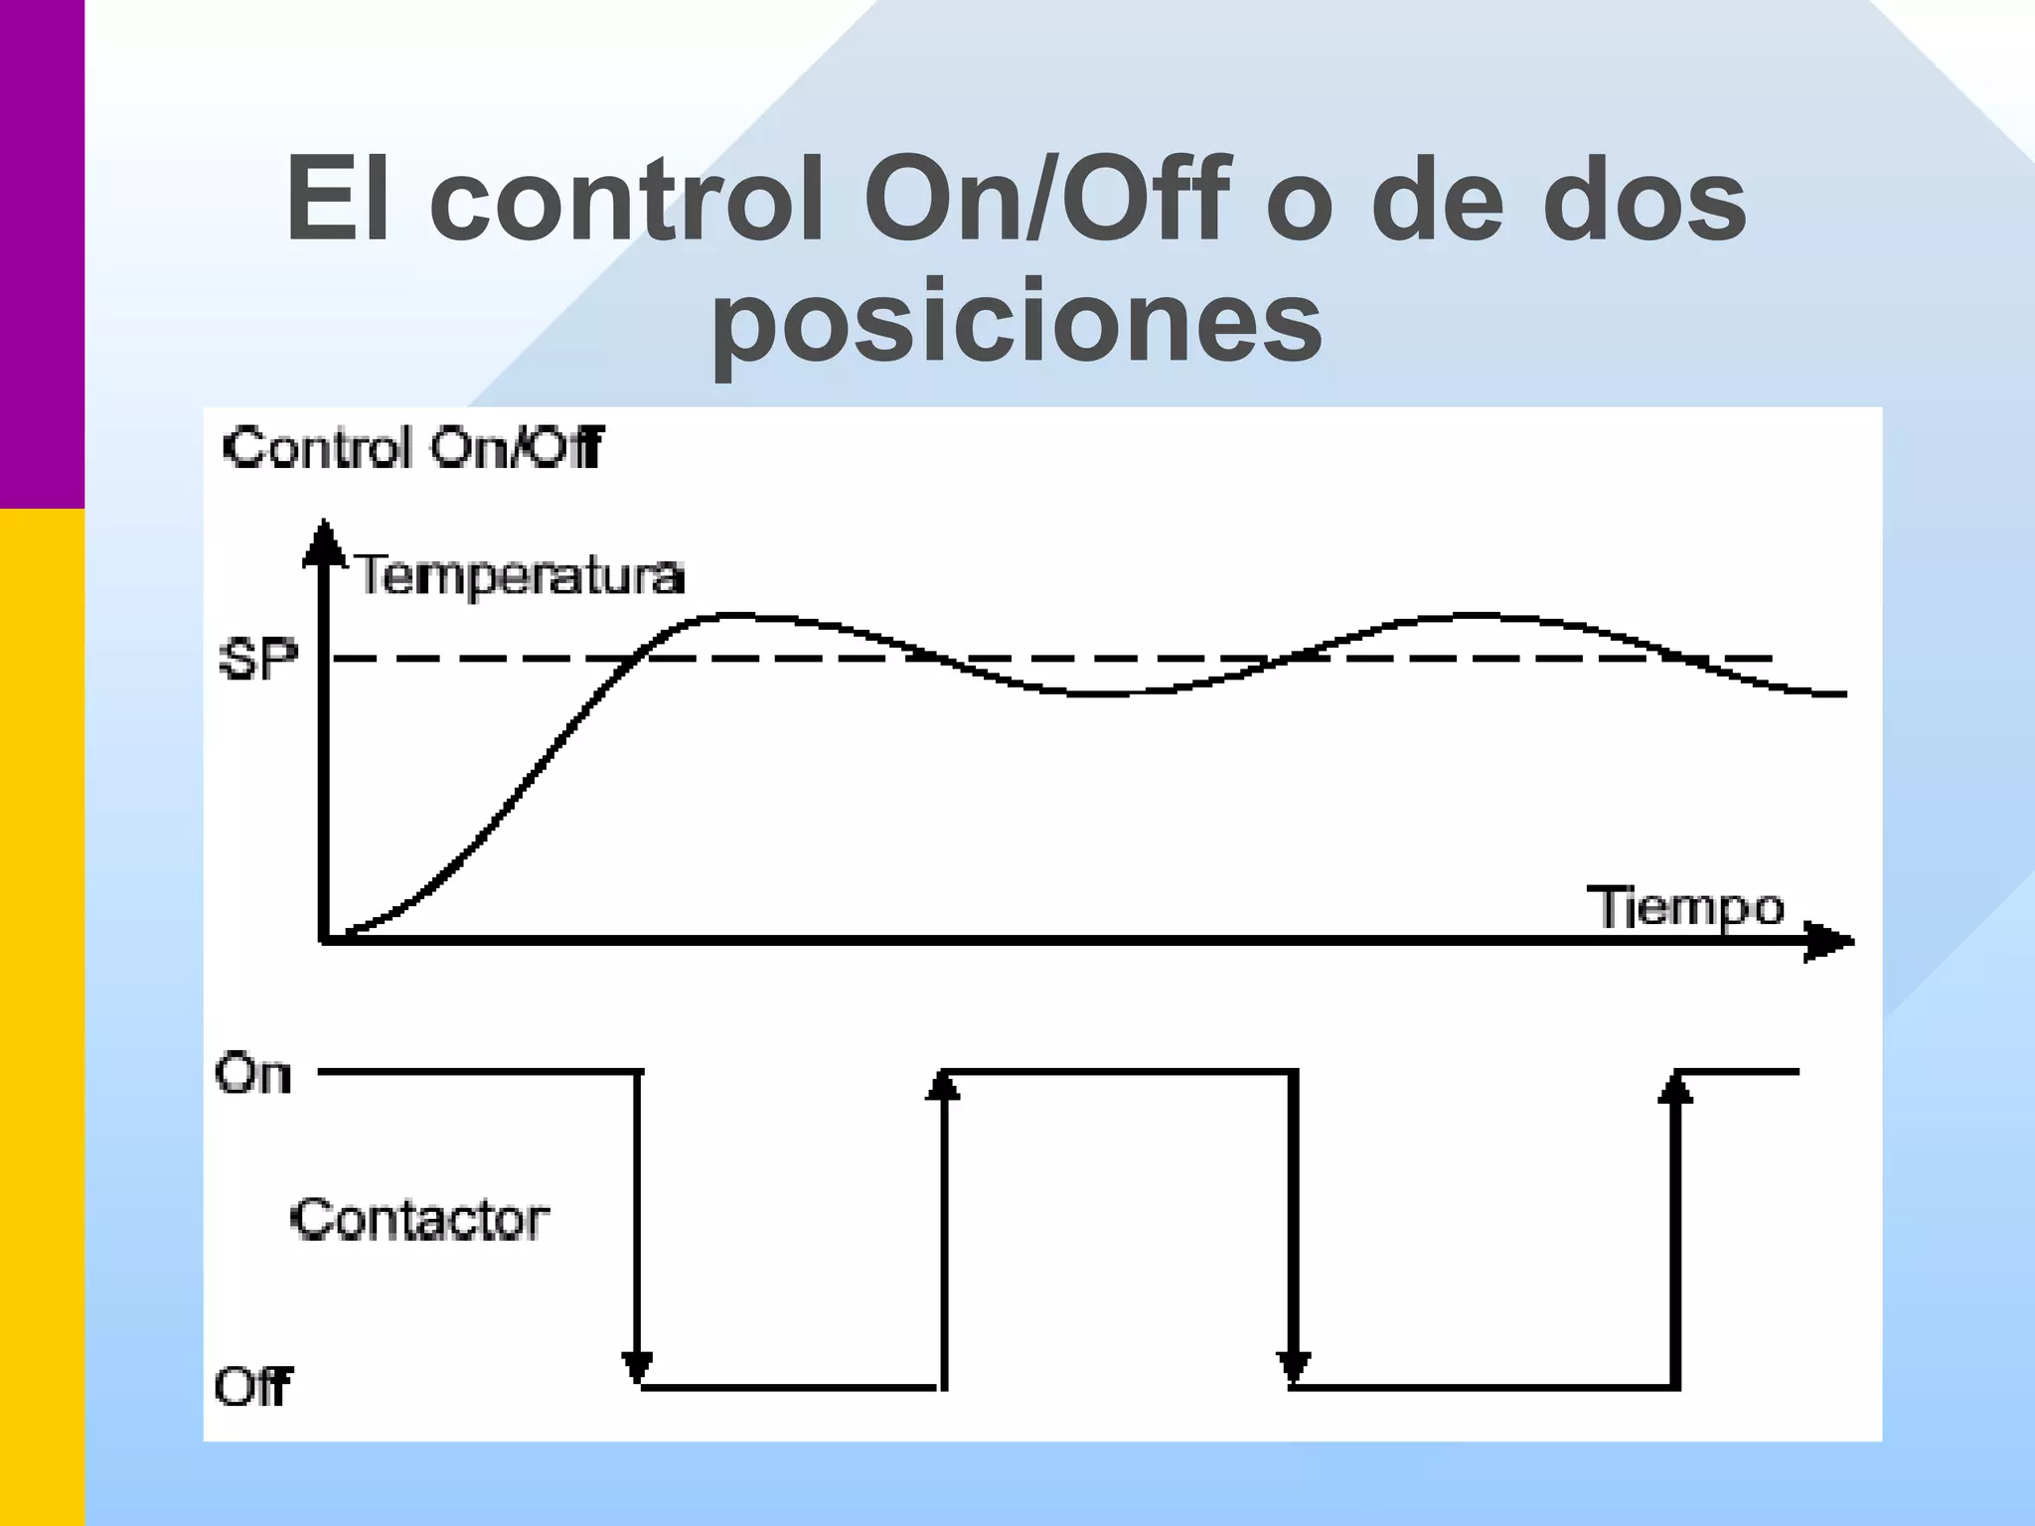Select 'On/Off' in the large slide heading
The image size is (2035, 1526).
[x=1047, y=199]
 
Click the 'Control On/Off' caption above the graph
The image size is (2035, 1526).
[x=412, y=448]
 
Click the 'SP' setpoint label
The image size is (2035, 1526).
[x=257, y=659]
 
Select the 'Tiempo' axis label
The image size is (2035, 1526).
[x=1690, y=907]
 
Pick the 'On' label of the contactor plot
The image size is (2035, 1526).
[x=253, y=1074]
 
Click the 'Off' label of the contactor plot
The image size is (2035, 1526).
[x=253, y=1386]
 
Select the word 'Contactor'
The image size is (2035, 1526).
[x=419, y=1219]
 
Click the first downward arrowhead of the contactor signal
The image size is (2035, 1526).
[x=637, y=1367]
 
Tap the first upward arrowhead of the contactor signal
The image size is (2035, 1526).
[x=943, y=1086]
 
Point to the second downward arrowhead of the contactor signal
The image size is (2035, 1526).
[x=1293, y=1367]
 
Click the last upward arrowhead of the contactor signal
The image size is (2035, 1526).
[x=1675, y=1089]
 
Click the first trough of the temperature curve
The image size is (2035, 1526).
[x=1093, y=693]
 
